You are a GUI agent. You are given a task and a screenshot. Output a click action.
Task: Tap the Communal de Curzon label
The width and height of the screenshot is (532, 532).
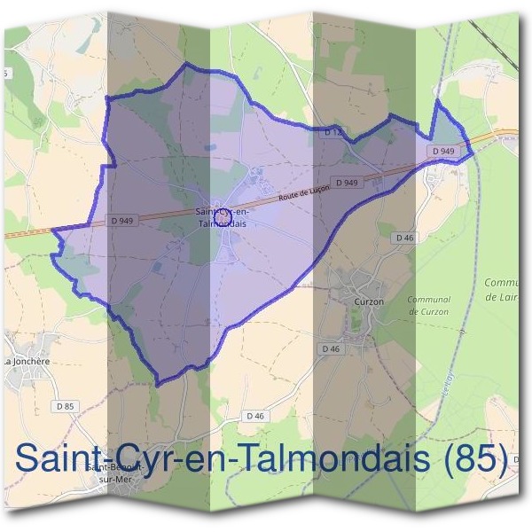[428, 306]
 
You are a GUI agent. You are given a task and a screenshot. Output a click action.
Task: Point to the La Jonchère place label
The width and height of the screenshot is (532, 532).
[27, 362]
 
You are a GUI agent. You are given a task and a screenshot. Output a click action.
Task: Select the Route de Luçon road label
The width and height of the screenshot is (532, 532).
[303, 192]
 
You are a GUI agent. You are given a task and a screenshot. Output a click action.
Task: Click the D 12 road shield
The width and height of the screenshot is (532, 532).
[332, 132]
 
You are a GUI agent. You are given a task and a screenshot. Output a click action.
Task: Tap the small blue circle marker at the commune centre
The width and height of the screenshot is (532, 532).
[223, 215]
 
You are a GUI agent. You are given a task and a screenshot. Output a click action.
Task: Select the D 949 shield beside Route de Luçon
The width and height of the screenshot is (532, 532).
[348, 183]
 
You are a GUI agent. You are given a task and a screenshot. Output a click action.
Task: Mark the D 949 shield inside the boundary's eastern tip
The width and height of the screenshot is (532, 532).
[444, 152]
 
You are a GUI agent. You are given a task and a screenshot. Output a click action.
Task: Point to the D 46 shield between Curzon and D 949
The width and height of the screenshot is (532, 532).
[405, 238]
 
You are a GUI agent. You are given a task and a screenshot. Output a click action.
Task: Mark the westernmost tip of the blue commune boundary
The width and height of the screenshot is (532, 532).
[51, 231]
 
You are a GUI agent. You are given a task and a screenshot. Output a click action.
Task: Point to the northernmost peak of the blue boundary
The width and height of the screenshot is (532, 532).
[186, 65]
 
